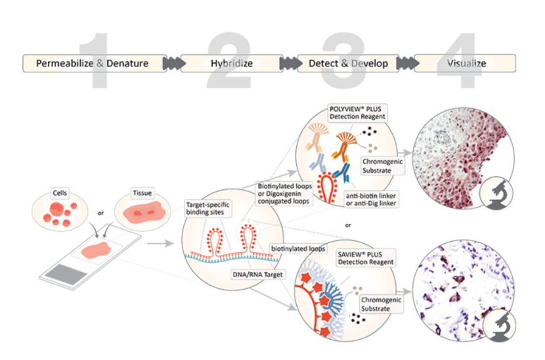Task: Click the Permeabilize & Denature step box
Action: pyautogui.click(x=92, y=64)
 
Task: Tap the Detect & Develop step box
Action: pyautogui.click(x=348, y=64)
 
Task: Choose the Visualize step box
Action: pyautogui.click(x=466, y=64)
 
